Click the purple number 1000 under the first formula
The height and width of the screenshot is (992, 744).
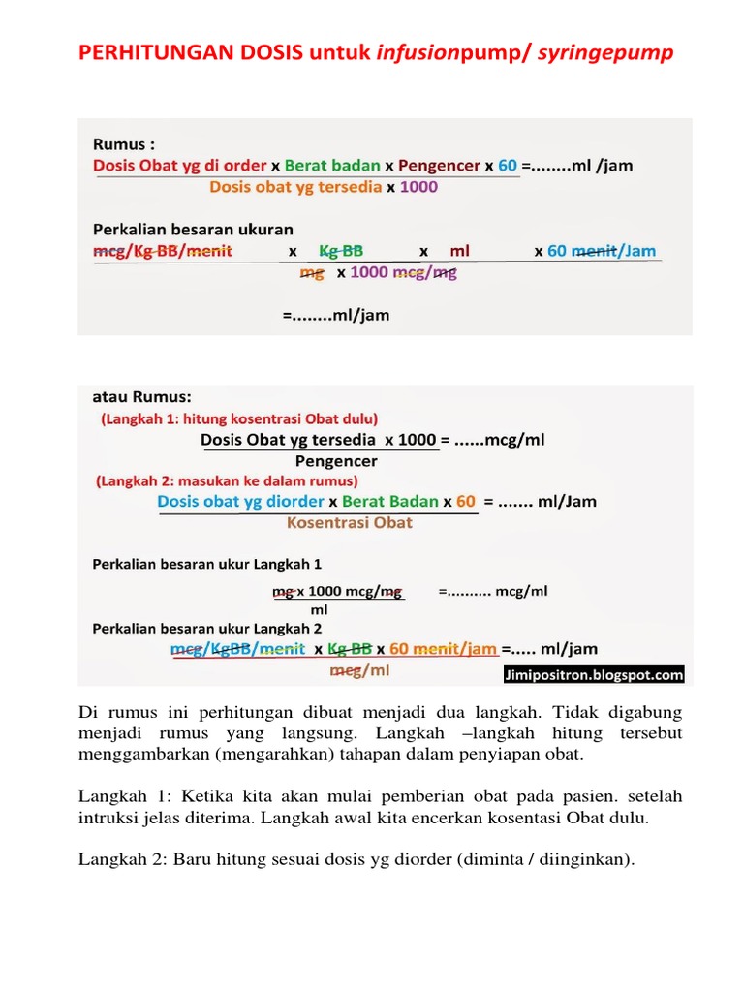tap(418, 187)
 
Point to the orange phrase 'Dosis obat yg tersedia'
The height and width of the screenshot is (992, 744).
tap(295, 187)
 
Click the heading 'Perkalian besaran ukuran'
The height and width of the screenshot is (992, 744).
tap(193, 230)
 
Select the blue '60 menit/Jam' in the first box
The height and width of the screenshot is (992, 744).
tap(602, 251)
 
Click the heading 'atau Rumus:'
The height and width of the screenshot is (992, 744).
tap(141, 397)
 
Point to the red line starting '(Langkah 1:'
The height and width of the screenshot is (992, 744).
tap(239, 419)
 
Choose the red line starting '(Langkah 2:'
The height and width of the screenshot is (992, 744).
tap(227, 480)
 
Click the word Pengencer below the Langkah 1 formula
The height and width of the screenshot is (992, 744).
tap(336, 461)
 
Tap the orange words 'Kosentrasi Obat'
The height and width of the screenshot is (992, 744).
tap(350, 523)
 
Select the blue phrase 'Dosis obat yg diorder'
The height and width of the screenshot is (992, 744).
tap(240, 502)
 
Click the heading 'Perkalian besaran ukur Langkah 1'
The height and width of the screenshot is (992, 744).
tap(206, 563)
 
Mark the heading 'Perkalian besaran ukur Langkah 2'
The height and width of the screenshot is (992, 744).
tap(206, 628)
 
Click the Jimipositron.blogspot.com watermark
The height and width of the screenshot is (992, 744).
tap(594, 675)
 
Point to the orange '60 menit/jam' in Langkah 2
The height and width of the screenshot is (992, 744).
tap(444, 649)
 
